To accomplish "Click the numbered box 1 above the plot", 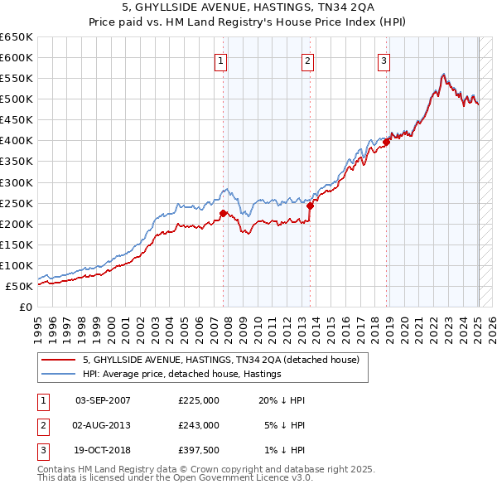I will pos(222,60).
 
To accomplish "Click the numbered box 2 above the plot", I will pos(307,60).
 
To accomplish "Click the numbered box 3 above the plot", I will pos(384,60).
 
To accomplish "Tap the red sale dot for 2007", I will pos(223,213).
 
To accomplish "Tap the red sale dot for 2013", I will pos(310,206).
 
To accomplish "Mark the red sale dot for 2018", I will pos(387,142).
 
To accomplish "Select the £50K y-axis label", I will pos(18,286).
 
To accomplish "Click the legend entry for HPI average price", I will pos(182,375).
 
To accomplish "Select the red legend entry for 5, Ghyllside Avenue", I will pos(220,361).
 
